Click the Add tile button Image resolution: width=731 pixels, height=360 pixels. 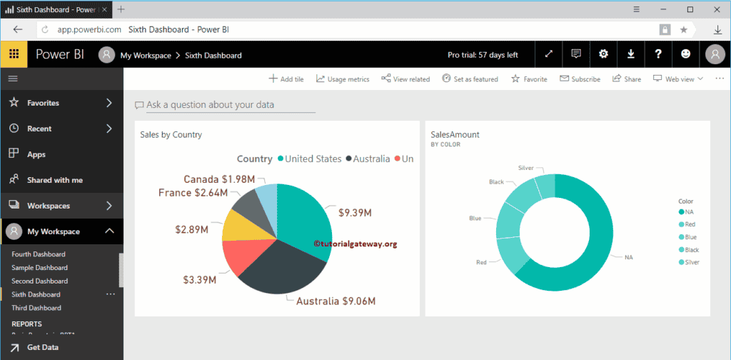pyautogui.click(x=286, y=79)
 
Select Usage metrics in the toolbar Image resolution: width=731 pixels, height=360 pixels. pyautogui.click(x=343, y=79)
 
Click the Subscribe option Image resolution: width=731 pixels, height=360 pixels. pyautogui.click(x=580, y=79)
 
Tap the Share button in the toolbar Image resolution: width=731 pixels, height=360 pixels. pyautogui.click(x=627, y=79)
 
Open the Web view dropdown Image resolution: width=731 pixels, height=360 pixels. pyautogui.click(x=678, y=79)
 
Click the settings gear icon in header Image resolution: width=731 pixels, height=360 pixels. pyautogui.click(x=603, y=54)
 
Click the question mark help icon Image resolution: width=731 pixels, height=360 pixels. pyautogui.click(x=658, y=54)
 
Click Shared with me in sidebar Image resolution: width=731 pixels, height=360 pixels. pyautogui.click(x=54, y=180)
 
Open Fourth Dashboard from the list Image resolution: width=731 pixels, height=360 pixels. pyautogui.click(x=39, y=254)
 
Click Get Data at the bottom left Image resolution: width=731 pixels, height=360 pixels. pyautogui.click(x=43, y=347)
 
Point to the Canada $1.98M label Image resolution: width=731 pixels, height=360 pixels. pyautogui.click(x=218, y=179)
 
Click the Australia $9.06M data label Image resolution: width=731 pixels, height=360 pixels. pyautogui.click(x=336, y=301)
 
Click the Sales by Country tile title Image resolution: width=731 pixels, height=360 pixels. pyautogui.click(x=171, y=134)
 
